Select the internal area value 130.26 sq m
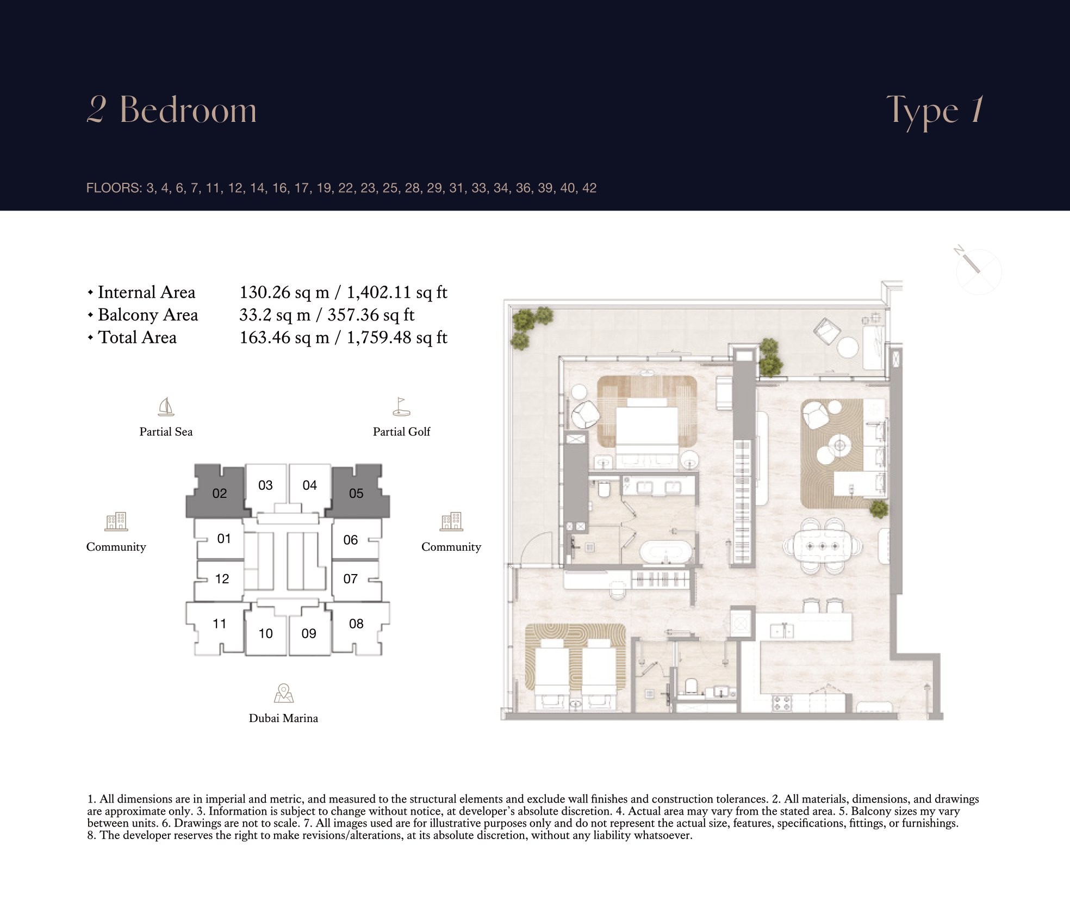tap(284, 293)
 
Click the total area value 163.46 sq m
tap(284, 337)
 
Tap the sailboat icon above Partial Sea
tap(166, 406)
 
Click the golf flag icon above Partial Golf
tap(401, 406)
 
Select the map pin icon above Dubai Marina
tap(284, 693)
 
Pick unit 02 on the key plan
tap(219, 492)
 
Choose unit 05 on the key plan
tap(356, 492)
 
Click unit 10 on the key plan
tap(265, 632)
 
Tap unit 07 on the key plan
tap(351, 579)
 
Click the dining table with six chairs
tap(822, 546)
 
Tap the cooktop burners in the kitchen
tap(781, 702)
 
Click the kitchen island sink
tap(782, 631)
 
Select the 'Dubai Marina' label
tap(283, 718)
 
